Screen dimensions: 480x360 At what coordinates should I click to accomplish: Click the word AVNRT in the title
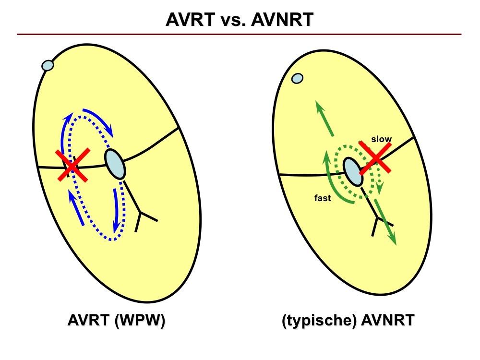(x=282, y=20)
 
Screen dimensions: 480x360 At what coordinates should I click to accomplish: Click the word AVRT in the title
(x=191, y=20)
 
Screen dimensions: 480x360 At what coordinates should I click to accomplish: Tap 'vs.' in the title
(x=233, y=20)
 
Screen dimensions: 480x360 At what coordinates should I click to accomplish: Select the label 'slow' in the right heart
(x=382, y=139)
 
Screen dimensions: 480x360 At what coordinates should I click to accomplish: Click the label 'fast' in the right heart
(x=323, y=198)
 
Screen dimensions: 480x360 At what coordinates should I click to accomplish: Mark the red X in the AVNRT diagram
(x=375, y=158)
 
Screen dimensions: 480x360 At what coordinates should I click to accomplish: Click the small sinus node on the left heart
(x=48, y=65)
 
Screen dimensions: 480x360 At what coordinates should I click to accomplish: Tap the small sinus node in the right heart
(x=297, y=78)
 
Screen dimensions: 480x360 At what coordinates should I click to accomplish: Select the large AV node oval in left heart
(x=115, y=164)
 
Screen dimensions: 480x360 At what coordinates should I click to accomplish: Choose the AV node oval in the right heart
(x=353, y=171)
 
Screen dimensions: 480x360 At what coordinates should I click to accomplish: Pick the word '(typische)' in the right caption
(x=319, y=321)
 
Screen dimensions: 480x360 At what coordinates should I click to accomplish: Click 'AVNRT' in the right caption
(x=388, y=320)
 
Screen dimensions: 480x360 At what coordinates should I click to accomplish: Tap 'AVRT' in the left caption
(x=89, y=320)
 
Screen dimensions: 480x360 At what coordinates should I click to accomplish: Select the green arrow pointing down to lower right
(x=385, y=222)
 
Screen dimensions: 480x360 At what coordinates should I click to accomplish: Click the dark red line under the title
(x=239, y=34)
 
